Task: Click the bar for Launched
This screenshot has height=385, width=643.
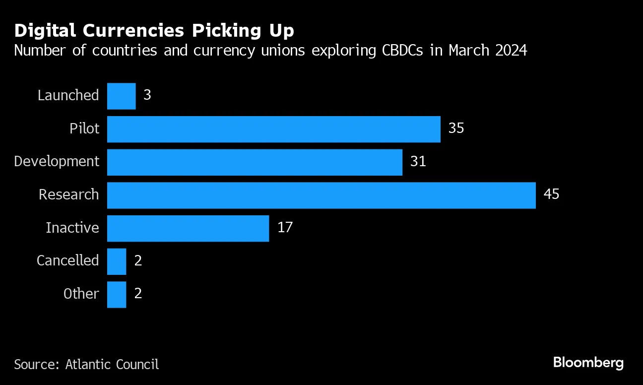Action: [x=121, y=96]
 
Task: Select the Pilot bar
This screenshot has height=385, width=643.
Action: [x=273, y=129]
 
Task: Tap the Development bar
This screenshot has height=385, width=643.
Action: [x=255, y=162]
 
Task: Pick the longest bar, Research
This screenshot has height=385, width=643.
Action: [x=321, y=195]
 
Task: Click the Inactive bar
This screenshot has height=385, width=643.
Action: [x=188, y=228]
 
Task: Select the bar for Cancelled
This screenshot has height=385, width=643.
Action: [x=117, y=261]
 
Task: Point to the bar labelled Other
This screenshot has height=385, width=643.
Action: [x=117, y=294]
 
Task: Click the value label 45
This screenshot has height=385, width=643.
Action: [x=551, y=194]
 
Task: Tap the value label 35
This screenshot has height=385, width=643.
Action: [x=456, y=128]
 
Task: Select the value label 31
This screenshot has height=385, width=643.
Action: [x=418, y=161]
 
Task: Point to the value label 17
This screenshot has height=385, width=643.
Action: [x=285, y=227]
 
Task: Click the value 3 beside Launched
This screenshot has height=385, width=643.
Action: [x=147, y=95]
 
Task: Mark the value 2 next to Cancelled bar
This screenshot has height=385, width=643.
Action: [x=138, y=260]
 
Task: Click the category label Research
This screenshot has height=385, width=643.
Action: [x=69, y=194]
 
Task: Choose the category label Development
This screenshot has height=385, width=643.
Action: [x=57, y=162]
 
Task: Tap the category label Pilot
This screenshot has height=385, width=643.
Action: [x=84, y=129]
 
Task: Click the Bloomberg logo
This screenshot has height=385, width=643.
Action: [x=588, y=363]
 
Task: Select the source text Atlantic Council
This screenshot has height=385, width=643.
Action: [x=112, y=364]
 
